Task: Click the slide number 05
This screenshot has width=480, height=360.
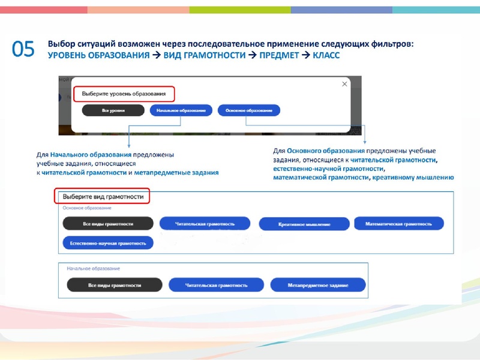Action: click(23, 49)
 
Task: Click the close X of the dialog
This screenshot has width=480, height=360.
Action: click(344, 84)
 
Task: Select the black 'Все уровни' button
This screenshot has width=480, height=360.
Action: click(113, 110)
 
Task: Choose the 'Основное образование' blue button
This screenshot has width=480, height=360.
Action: click(249, 110)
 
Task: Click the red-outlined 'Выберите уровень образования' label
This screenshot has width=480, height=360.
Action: click(124, 94)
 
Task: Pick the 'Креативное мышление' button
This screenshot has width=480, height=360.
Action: click(304, 224)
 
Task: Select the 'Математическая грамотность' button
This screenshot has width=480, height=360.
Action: click(399, 224)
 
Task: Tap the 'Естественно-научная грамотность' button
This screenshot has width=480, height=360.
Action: click(108, 243)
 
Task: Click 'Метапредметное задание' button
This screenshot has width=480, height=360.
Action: click(318, 285)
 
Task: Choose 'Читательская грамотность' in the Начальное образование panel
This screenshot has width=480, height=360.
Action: click(216, 285)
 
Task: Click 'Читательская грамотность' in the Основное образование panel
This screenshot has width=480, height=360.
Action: click(205, 224)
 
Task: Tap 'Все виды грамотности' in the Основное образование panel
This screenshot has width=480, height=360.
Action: click(108, 224)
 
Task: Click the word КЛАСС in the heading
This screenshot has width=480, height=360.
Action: click(326, 55)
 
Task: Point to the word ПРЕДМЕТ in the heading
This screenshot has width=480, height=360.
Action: click(279, 55)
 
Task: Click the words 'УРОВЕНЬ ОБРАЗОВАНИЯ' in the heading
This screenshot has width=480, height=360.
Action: click(99, 55)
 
